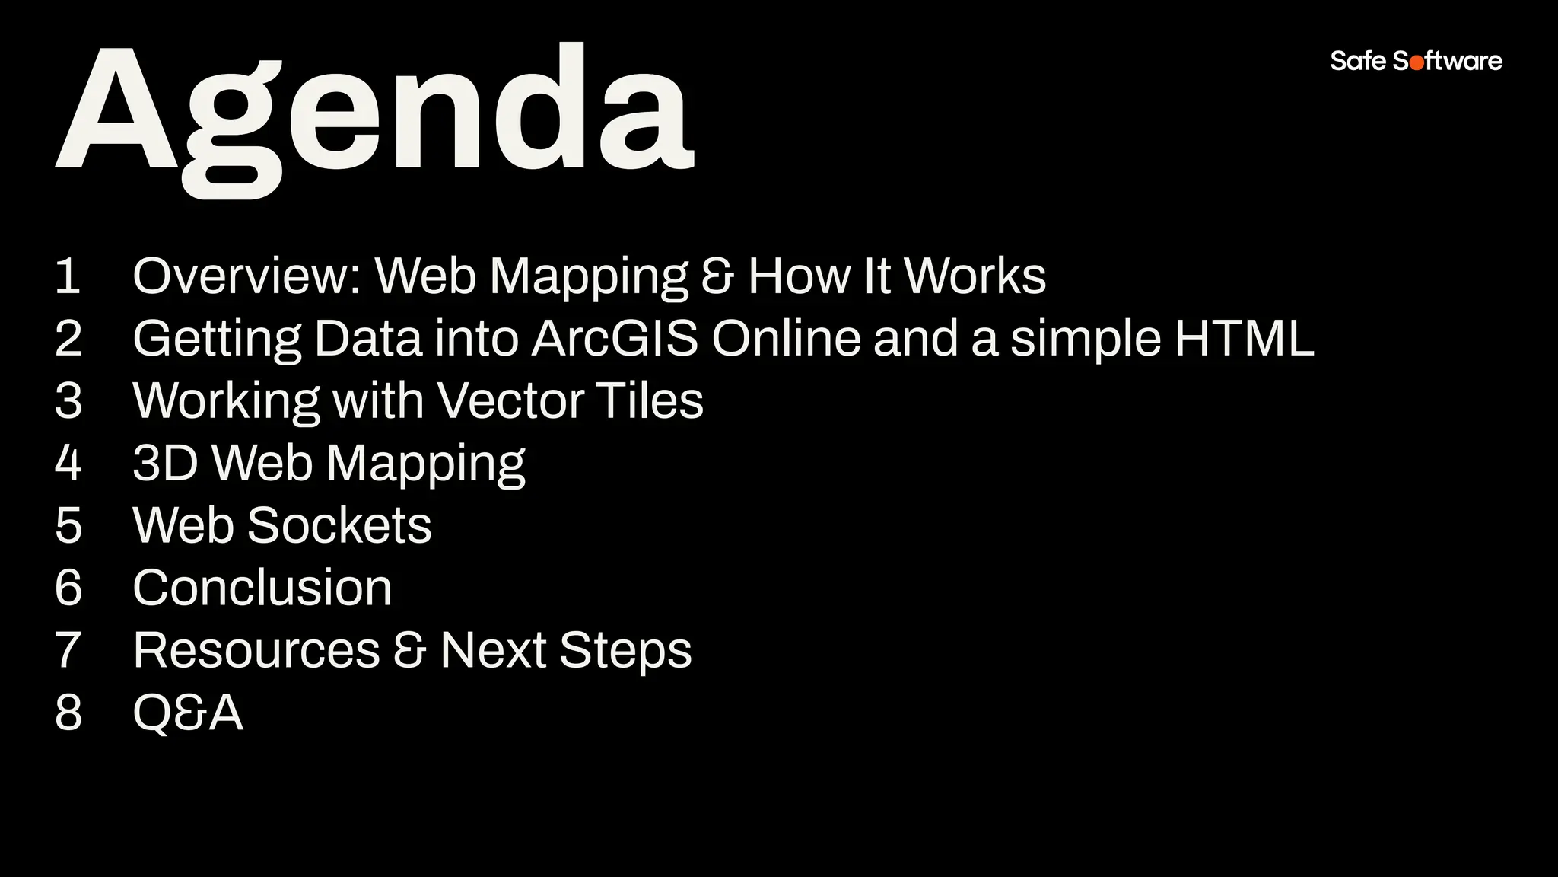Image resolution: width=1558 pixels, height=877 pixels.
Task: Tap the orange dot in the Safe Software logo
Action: tap(1417, 62)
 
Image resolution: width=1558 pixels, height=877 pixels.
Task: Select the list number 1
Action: tap(68, 276)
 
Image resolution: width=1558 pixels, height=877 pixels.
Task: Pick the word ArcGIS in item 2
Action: tap(614, 338)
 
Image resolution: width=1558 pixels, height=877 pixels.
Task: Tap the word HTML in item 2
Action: tap(1244, 338)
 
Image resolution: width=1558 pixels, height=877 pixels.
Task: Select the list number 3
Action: tap(68, 400)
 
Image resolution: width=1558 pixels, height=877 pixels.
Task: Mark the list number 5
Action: tap(68, 525)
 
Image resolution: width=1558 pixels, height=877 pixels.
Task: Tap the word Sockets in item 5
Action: tap(339, 525)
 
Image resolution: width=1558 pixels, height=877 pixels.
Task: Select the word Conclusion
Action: tap(262, 588)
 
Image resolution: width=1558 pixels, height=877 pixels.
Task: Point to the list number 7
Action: tap(68, 650)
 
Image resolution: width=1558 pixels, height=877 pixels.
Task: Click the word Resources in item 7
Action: tap(256, 650)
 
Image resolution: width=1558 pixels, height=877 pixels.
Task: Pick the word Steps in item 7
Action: tap(625, 650)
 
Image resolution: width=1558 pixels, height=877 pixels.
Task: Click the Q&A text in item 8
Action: tap(188, 713)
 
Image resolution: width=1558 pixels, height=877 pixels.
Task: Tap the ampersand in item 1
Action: tap(717, 276)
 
